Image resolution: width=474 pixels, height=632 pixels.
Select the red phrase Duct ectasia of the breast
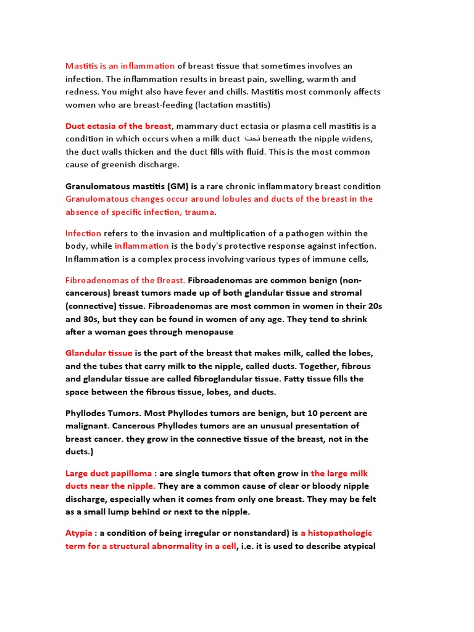pos(118,126)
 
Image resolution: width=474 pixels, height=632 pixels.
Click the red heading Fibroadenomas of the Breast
pos(125,280)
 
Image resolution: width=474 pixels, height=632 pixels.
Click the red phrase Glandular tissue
pos(99,353)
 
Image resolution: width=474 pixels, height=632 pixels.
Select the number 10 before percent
pos(294,414)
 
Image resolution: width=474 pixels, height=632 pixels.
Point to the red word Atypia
pos(79,533)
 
